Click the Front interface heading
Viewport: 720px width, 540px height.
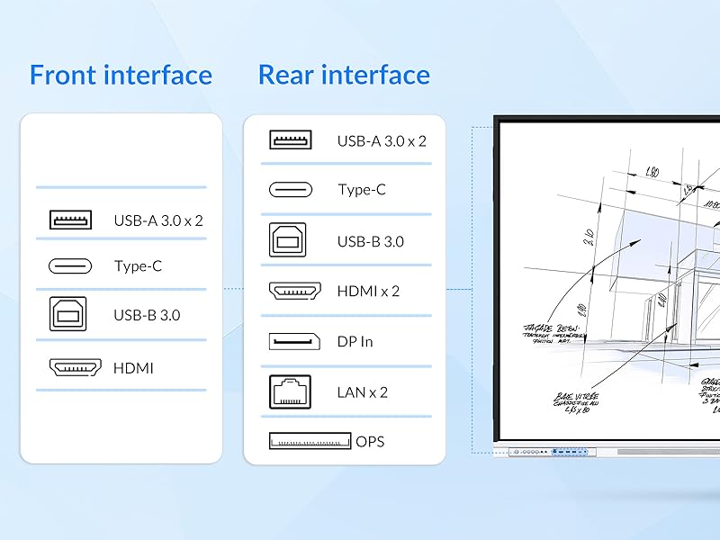click(x=121, y=75)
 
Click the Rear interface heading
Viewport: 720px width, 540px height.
click(x=344, y=75)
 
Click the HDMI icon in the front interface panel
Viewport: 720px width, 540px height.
click(x=74, y=367)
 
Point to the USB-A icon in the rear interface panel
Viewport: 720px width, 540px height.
click(x=291, y=140)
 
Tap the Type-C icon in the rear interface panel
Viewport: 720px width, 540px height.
click(x=291, y=190)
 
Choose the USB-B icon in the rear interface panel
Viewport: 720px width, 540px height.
click(x=288, y=240)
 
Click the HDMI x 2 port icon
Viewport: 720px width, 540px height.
click(x=295, y=291)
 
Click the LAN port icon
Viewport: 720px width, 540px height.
click(x=291, y=391)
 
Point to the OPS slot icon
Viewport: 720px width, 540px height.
click(x=309, y=441)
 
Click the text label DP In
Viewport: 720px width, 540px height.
click(x=355, y=342)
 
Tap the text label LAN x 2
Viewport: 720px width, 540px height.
click(x=363, y=392)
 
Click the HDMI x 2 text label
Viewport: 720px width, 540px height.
click(x=368, y=292)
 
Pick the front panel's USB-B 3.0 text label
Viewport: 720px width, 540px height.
click(x=147, y=316)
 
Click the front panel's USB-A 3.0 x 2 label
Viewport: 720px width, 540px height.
click(x=158, y=220)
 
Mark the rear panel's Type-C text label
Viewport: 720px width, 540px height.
click(x=362, y=191)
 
